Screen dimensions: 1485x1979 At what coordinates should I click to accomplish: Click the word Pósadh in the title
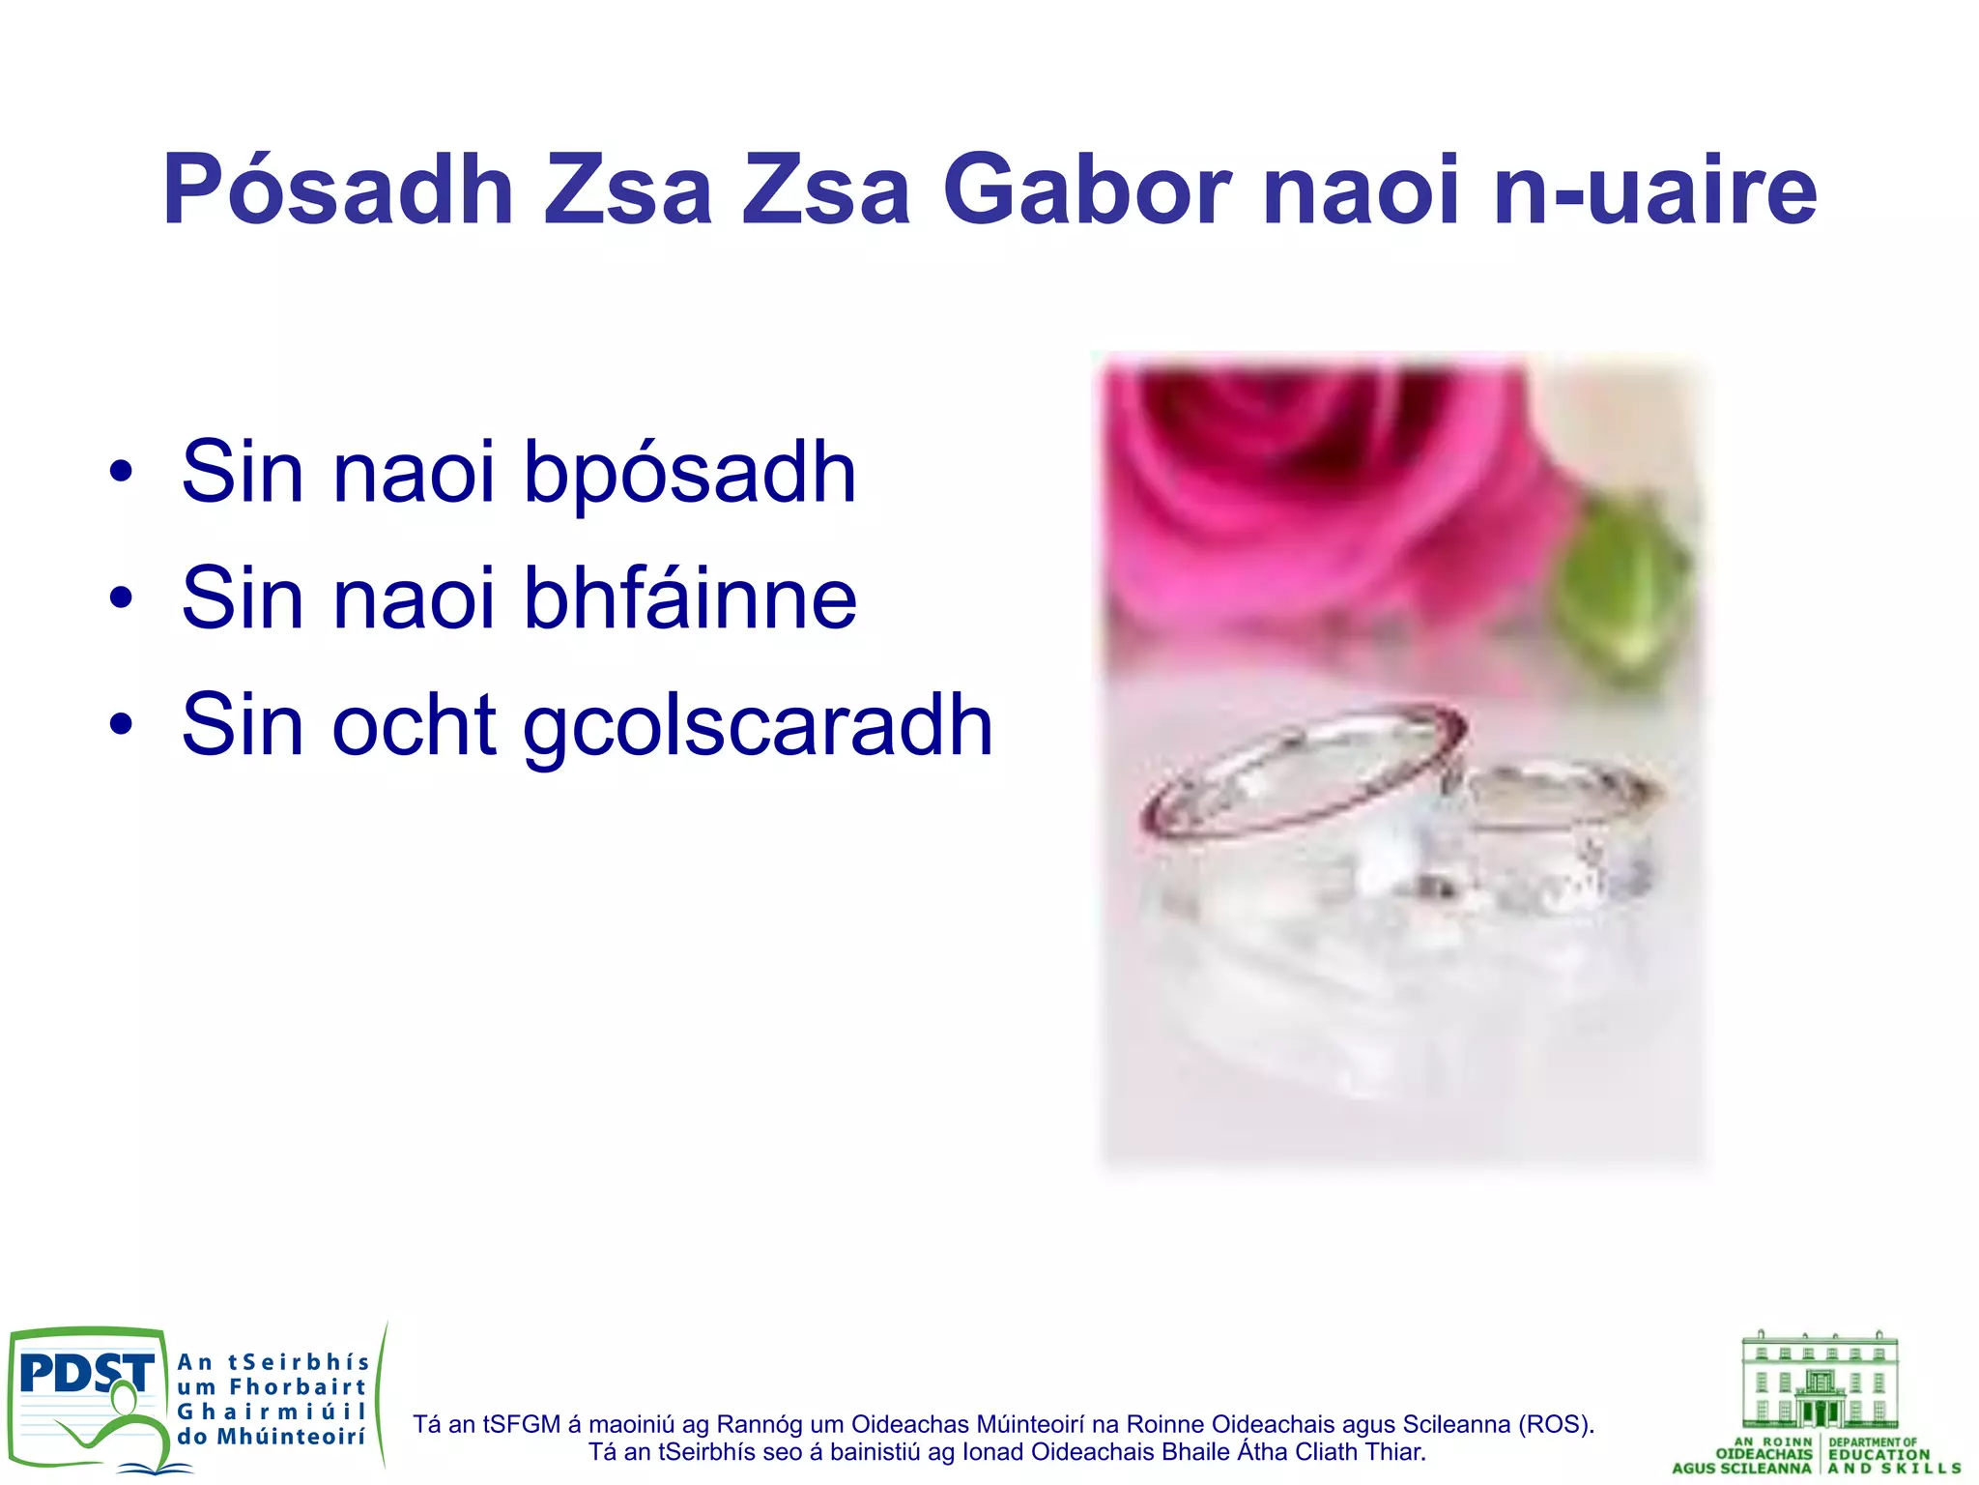pos(337,190)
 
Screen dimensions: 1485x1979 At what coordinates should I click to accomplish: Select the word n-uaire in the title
pos(1654,190)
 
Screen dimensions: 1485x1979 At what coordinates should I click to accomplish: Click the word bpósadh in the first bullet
pos(689,473)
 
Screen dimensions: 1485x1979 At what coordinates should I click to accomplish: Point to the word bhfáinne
pos(689,598)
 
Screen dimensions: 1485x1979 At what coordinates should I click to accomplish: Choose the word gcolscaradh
pos(758,725)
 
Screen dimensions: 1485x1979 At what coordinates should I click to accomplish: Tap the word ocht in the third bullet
pos(415,725)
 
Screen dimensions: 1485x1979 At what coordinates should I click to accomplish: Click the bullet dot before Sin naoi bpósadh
pos(121,473)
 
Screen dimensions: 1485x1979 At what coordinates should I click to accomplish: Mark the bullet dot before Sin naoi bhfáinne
pos(121,598)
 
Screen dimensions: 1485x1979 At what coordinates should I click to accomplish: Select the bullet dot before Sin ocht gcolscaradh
pos(121,725)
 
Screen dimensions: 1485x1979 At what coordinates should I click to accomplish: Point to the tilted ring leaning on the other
pos(1305,773)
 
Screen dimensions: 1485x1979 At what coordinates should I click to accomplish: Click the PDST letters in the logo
pos(85,1372)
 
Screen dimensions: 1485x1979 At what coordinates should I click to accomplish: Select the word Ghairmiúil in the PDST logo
pos(272,1412)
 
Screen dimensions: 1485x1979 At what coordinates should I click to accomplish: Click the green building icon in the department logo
pos(1819,1381)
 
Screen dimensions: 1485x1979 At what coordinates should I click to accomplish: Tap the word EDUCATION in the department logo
pos(1879,1454)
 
